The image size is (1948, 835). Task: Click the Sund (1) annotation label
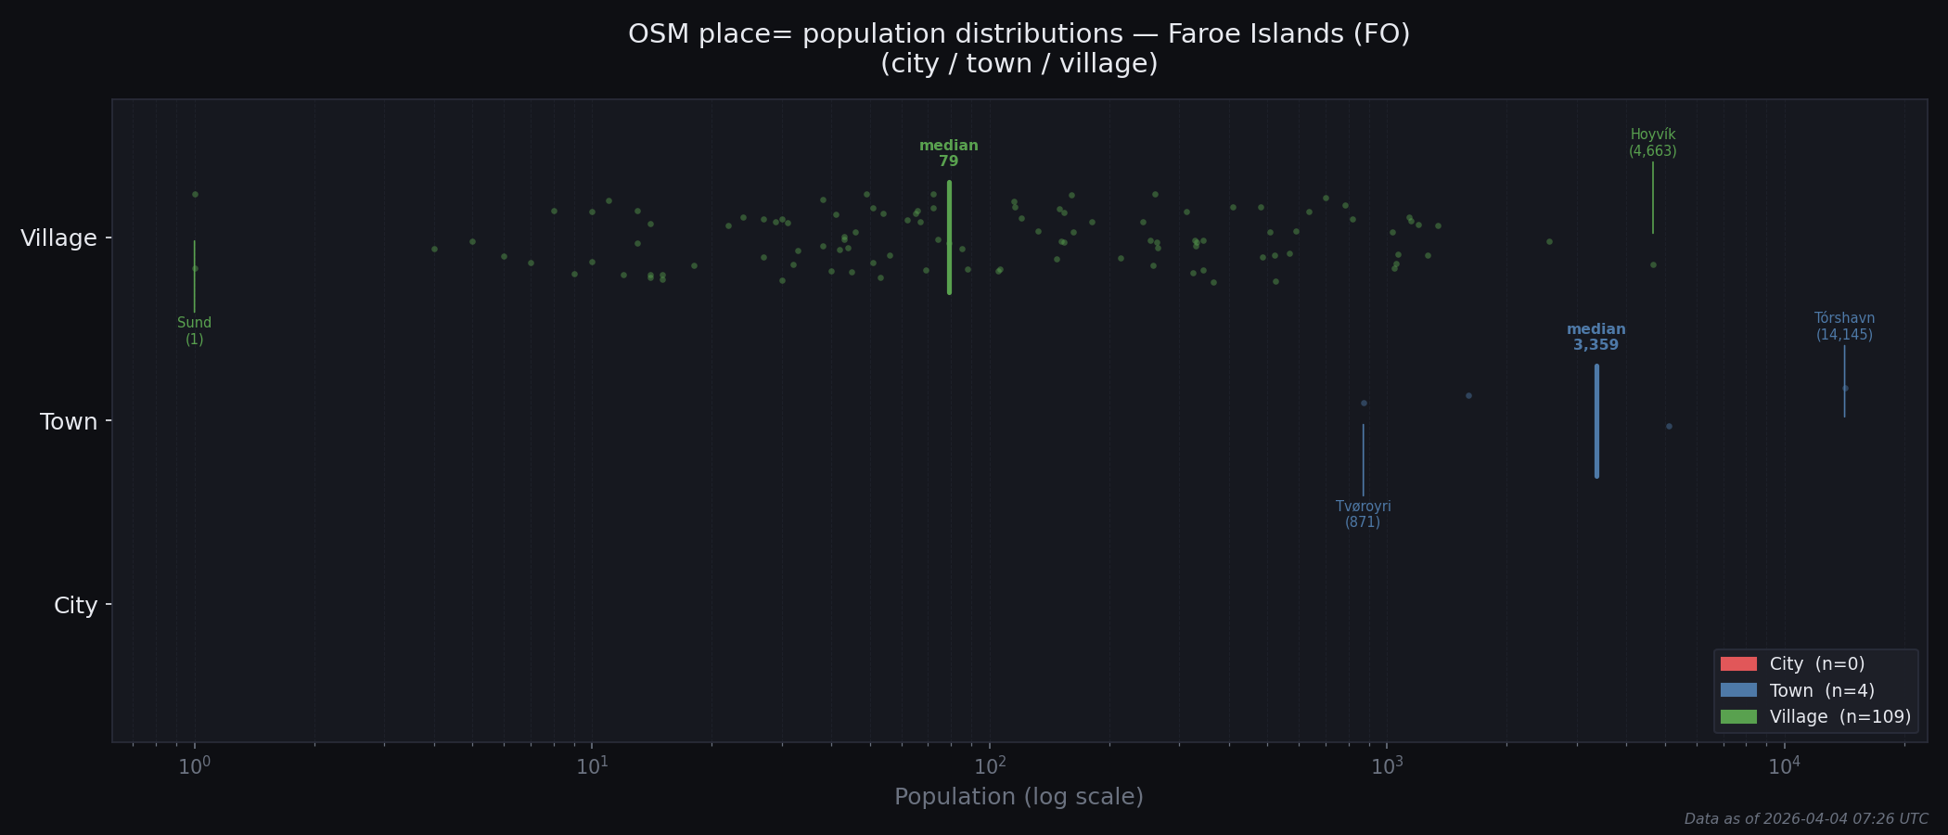[194, 331]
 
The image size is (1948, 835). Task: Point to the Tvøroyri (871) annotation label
[1363, 514]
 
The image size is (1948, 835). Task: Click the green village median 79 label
[948, 154]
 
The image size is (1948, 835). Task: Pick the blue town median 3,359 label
[1596, 338]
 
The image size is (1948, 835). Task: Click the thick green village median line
[949, 238]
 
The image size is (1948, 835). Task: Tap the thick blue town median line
[1596, 421]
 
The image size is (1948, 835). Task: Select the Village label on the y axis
[58, 238]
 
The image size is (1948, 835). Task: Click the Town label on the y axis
[69, 422]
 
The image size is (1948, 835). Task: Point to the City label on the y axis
[75, 606]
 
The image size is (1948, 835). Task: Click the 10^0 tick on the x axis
[194, 766]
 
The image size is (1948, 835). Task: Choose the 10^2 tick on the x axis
[989, 766]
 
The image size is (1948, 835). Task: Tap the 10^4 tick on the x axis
[1784, 766]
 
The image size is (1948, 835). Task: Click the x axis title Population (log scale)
[1019, 797]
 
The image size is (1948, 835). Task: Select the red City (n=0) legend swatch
[1737, 664]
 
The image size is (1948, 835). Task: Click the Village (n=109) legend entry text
[1839, 717]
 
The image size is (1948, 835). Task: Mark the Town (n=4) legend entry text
[1822, 691]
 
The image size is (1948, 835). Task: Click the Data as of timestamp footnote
[1805, 819]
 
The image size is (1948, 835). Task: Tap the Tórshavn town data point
[1845, 389]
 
